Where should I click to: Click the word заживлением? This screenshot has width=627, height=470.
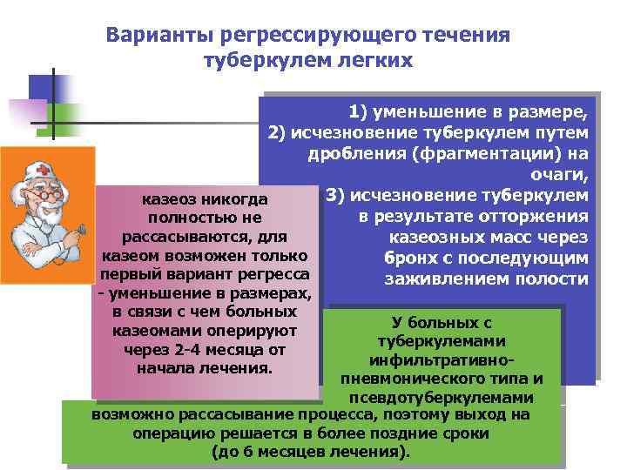[x=431, y=279]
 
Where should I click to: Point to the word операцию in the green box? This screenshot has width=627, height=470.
[x=167, y=433]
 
